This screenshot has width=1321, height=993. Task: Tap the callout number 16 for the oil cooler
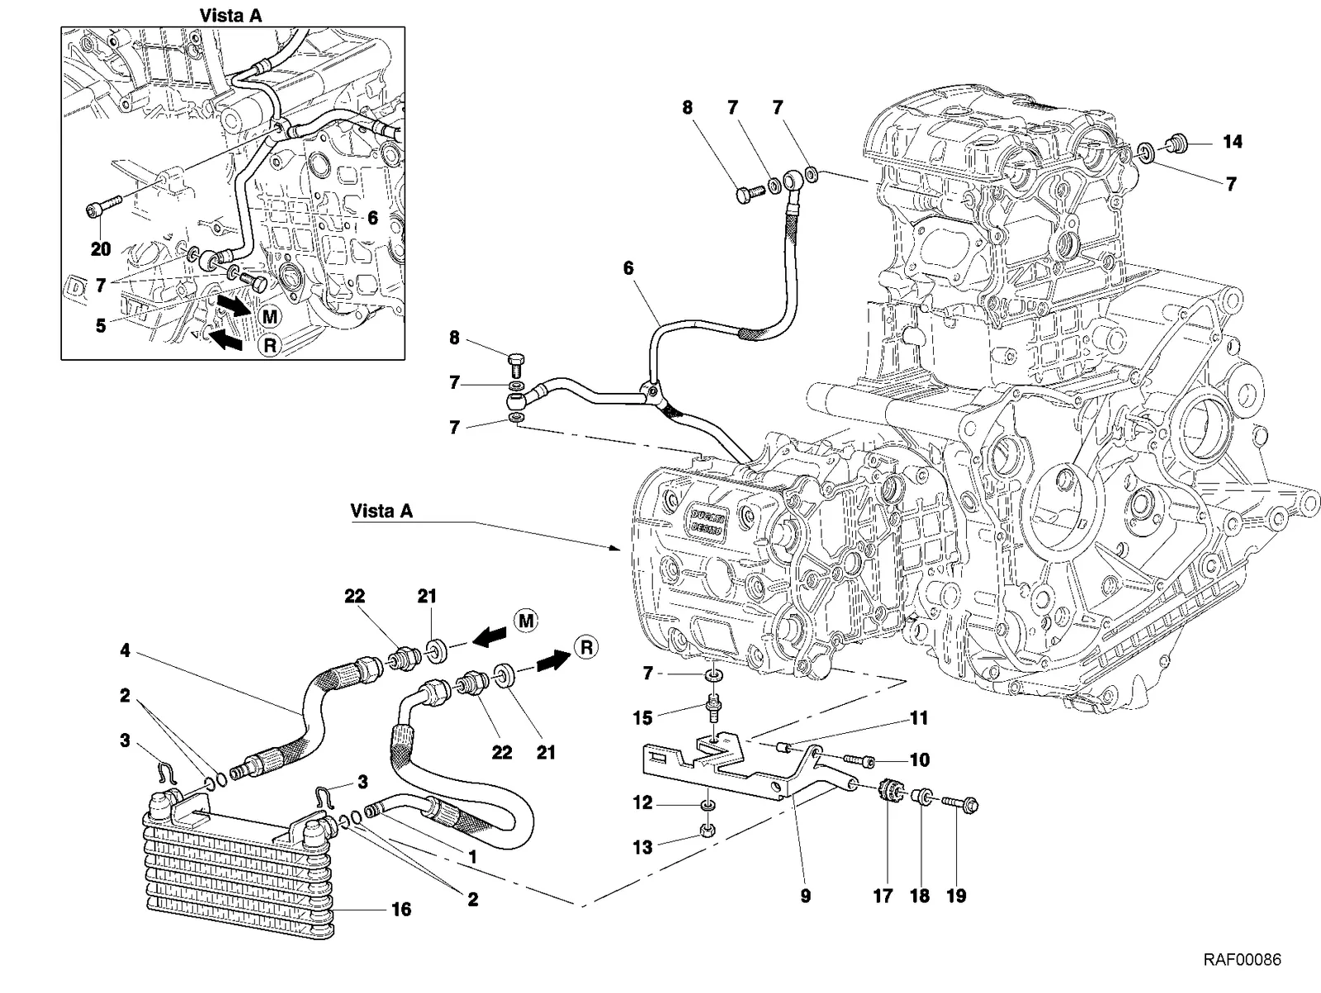[401, 910]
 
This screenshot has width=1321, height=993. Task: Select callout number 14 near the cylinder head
[1233, 142]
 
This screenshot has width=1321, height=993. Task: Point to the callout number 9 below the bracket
[805, 896]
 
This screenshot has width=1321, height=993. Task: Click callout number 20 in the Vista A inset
[101, 249]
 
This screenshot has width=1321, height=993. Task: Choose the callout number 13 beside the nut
[642, 848]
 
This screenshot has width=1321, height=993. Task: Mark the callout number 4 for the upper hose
[125, 650]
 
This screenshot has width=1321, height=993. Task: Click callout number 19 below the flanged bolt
[956, 896]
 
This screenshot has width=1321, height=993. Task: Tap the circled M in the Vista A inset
[270, 316]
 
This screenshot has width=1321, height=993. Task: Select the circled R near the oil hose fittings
[587, 647]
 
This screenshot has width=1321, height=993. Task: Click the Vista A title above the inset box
[230, 16]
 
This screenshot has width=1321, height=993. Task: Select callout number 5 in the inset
[101, 326]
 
